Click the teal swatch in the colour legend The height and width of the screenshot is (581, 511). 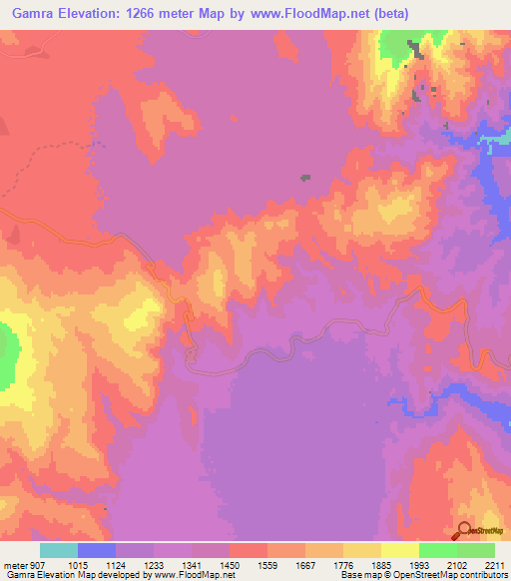pos(59,550)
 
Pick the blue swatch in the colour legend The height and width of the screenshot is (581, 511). pos(97,550)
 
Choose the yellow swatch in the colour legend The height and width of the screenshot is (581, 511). pos(399,550)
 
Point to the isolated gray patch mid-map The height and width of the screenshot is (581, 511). pos(305,179)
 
